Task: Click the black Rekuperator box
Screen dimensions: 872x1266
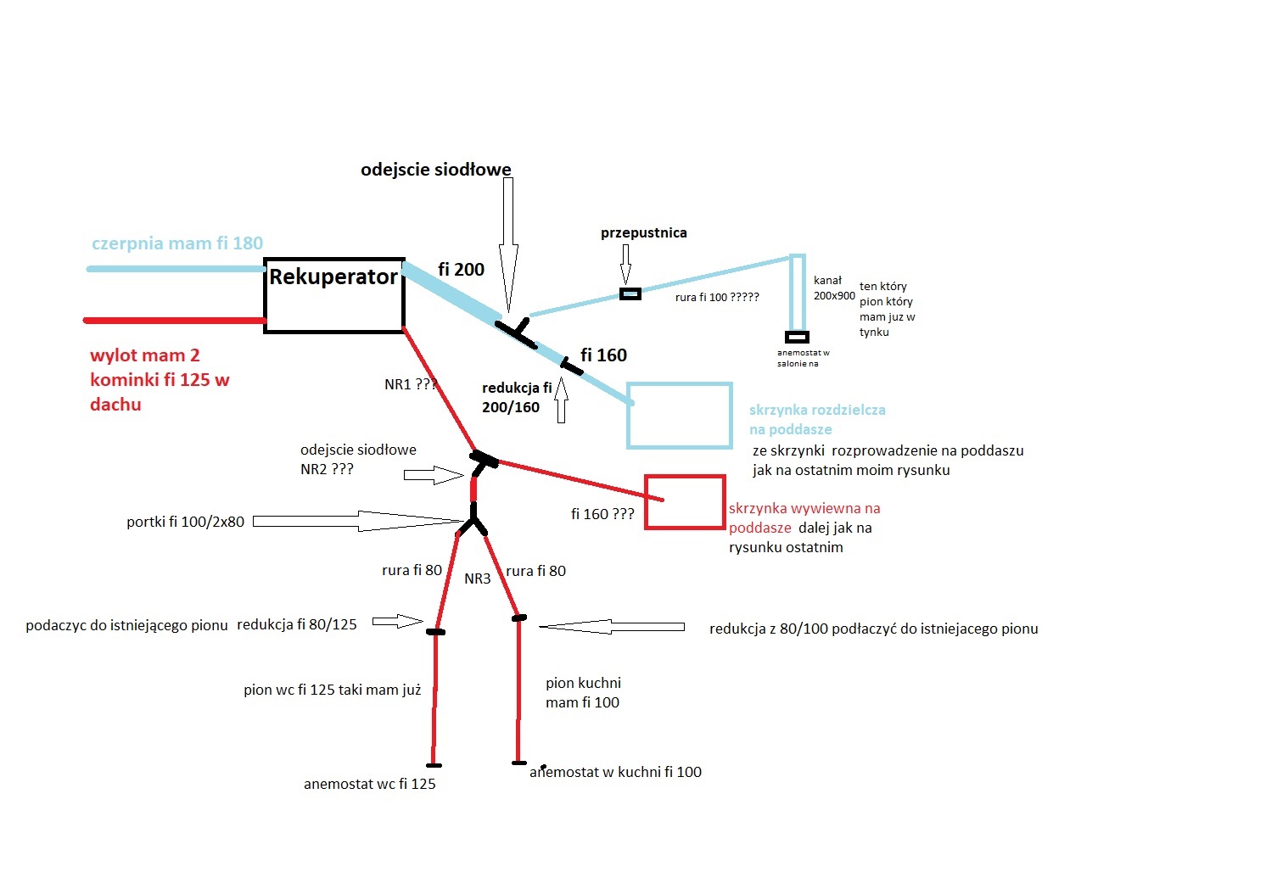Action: tap(334, 295)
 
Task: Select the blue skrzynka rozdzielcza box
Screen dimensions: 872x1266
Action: tap(680, 416)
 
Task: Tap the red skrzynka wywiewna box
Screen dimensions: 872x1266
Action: tap(685, 502)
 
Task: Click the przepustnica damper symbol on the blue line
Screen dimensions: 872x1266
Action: tap(630, 294)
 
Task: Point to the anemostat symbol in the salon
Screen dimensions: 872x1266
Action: tap(797, 337)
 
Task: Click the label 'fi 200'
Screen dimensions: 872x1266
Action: tap(461, 270)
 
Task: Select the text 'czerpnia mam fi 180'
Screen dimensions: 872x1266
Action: tap(177, 243)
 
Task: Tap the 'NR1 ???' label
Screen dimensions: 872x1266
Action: tap(411, 384)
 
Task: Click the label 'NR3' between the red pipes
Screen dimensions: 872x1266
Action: tap(478, 579)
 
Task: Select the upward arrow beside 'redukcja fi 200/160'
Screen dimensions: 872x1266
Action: tap(561, 402)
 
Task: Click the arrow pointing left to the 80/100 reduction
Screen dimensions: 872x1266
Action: tap(611, 627)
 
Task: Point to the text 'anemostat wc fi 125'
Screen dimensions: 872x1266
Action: tap(370, 784)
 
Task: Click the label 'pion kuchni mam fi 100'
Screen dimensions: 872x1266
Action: tap(583, 692)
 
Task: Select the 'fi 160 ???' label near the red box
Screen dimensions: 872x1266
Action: tap(602, 514)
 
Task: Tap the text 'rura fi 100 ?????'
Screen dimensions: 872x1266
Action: tap(717, 298)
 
